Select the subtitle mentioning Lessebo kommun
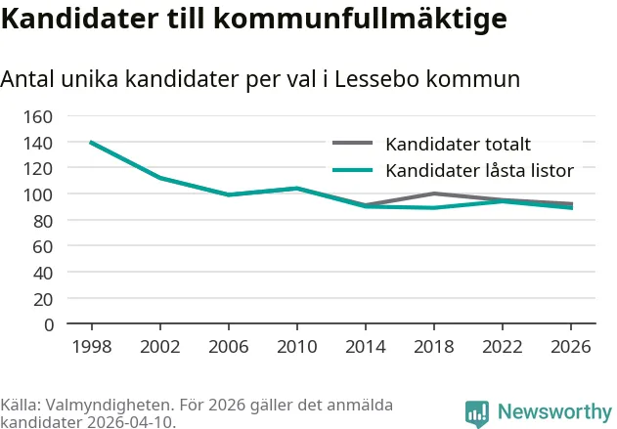click(x=260, y=79)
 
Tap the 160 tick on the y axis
click(x=37, y=116)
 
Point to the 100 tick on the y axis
click(x=37, y=194)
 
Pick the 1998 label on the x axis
click(x=91, y=346)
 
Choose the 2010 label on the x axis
click(x=296, y=346)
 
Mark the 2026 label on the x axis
click(x=571, y=346)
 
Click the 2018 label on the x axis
click(x=433, y=346)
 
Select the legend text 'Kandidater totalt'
click(x=458, y=145)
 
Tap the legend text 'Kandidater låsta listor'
click(x=479, y=170)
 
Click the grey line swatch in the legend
click(x=353, y=144)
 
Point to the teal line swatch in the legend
click(x=353, y=169)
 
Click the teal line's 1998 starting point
click(x=91, y=143)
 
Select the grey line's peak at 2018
click(x=433, y=193)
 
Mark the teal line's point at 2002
click(x=159, y=178)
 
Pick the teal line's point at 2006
click(x=228, y=194)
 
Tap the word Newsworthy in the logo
click(x=554, y=411)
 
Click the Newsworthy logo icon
click(x=477, y=412)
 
